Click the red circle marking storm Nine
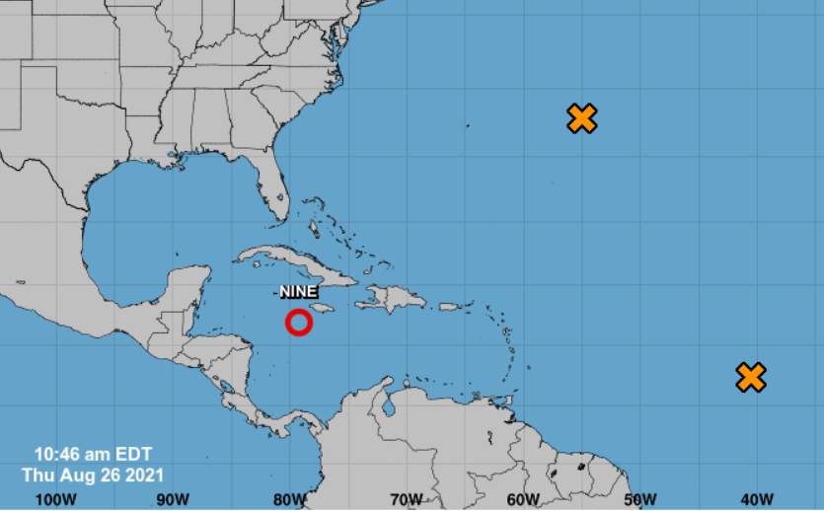click(299, 323)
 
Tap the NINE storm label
click(298, 292)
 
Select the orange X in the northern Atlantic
click(583, 118)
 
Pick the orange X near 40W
click(751, 377)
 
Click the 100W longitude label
click(55, 498)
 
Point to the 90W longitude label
click(173, 498)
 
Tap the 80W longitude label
click(289, 498)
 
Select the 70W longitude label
click(406, 498)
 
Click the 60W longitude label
click(523, 498)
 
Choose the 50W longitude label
click(639, 498)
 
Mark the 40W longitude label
click(756, 498)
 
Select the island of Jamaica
click(326, 310)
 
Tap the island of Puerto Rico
click(449, 307)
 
